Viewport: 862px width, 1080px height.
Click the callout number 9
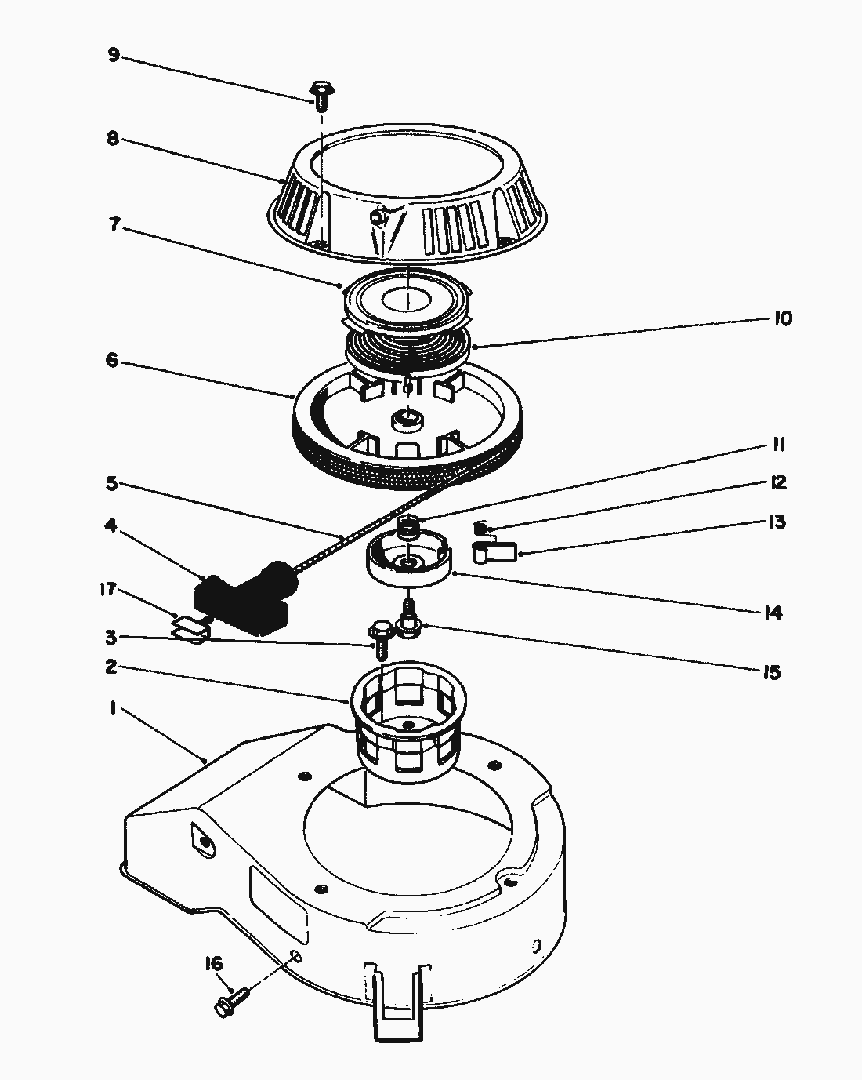pyautogui.click(x=114, y=55)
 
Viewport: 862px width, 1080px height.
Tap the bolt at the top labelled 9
pyautogui.click(x=321, y=96)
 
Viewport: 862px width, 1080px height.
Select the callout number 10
pyautogui.click(x=782, y=318)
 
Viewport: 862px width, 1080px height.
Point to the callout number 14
pyautogui.click(x=773, y=613)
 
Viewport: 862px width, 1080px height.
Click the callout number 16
pyautogui.click(x=213, y=964)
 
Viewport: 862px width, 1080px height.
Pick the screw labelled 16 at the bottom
pyautogui.click(x=232, y=1002)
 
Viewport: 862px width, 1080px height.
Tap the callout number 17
pyautogui.click(x=108, y=589)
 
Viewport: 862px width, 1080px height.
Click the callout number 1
pyautogui.click(x=114, y=708)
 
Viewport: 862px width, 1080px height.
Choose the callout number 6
pyautogui.click(x=112, y=360)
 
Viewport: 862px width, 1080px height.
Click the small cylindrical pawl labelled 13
pyautogui.click(x=494, y=552)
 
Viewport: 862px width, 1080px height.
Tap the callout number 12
pyautogui.click(x=778, y=483)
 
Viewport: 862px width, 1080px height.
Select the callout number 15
pyautogui.click(x=772, y=672)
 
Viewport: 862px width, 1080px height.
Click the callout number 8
pyautogui.click(x=114, y=139)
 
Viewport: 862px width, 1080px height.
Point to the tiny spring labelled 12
pyautogui.click(x=480, y=528)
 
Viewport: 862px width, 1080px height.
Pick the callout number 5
pyautogui.click(x=111, y=484)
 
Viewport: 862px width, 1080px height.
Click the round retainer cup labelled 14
pyautogui.click(x=410, y=558)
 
